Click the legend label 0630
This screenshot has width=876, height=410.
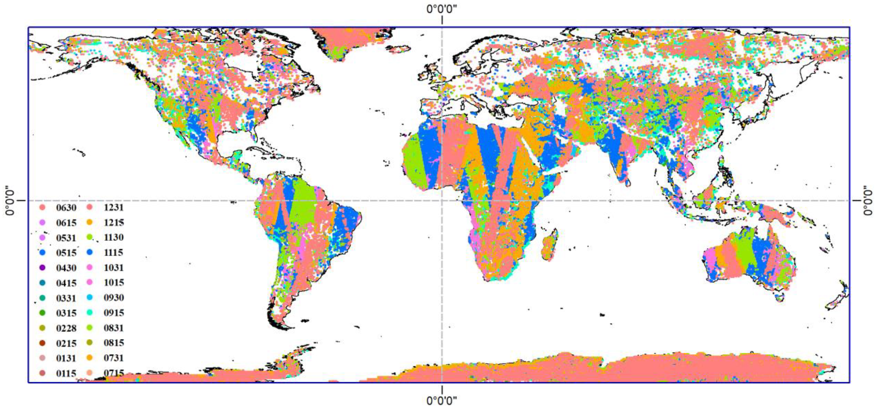tap(66, 208)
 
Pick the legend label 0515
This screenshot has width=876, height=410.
tap(66, 253)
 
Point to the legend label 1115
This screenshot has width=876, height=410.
tap(114, 252)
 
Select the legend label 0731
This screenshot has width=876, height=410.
tap(114, 358)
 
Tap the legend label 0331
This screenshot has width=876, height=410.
tap(66, 298)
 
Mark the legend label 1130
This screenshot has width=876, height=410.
tap(114, 237)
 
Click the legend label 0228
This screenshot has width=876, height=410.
tap(66, 328)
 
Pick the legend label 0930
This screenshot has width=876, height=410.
tap(114, 298)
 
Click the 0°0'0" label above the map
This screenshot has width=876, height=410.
tap(442, 9)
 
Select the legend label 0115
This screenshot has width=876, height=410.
tap(66, 373)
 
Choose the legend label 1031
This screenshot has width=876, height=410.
tap(114, 268)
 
